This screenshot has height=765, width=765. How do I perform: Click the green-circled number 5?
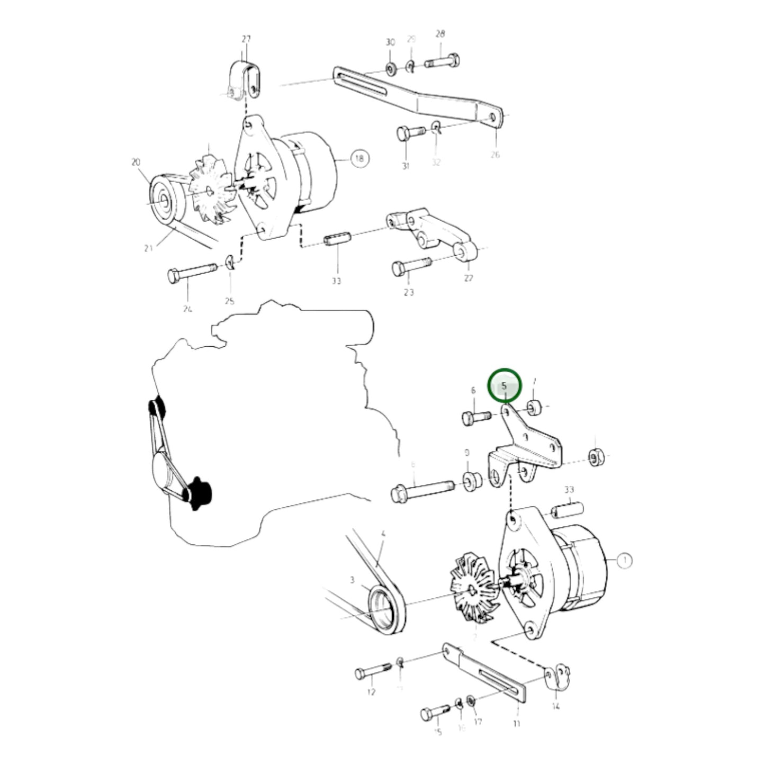pyautogui.click(x=504, y=386)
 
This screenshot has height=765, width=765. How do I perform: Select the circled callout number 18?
pyautogui.click(x=359, y=158)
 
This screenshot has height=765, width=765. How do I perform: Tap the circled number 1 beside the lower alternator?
pyautogui.click(x=625, y=560)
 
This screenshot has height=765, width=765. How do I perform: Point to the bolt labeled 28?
pyautogui.click(x=442, y=61)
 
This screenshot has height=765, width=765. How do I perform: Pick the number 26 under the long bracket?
pyautogui.click(x=495, y=155)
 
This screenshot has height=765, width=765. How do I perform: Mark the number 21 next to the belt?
pyautogui.click(x=149, y=247)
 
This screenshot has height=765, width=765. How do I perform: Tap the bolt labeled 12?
pyautogui.click(x=373, y=672)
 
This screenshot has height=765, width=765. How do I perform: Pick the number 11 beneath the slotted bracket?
pyautogui.click(x=517, y=723)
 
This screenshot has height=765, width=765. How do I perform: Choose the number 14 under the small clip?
pyautogui.click(x=555, y=706)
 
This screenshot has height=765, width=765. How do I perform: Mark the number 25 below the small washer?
pyautogui.click(x=229, y=301)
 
